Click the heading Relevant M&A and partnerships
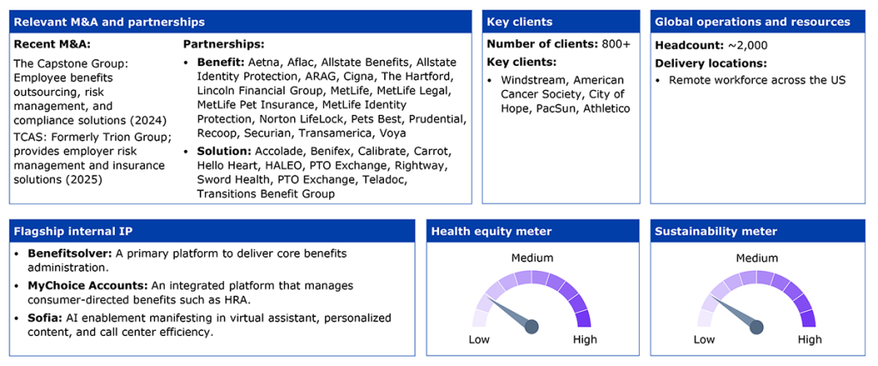tap(109, 22)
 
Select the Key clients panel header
tap(520, 22)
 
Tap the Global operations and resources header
tap(753, 22)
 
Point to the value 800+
tap(616, 45)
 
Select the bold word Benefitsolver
tap(60, 253)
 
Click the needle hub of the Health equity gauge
tap(532, 327)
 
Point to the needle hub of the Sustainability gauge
tap(756, 327)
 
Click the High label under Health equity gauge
tap(585, 339)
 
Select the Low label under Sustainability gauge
tap(704, 339)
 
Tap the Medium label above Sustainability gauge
tap(756, 258)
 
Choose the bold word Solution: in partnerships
tap(225, 152)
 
